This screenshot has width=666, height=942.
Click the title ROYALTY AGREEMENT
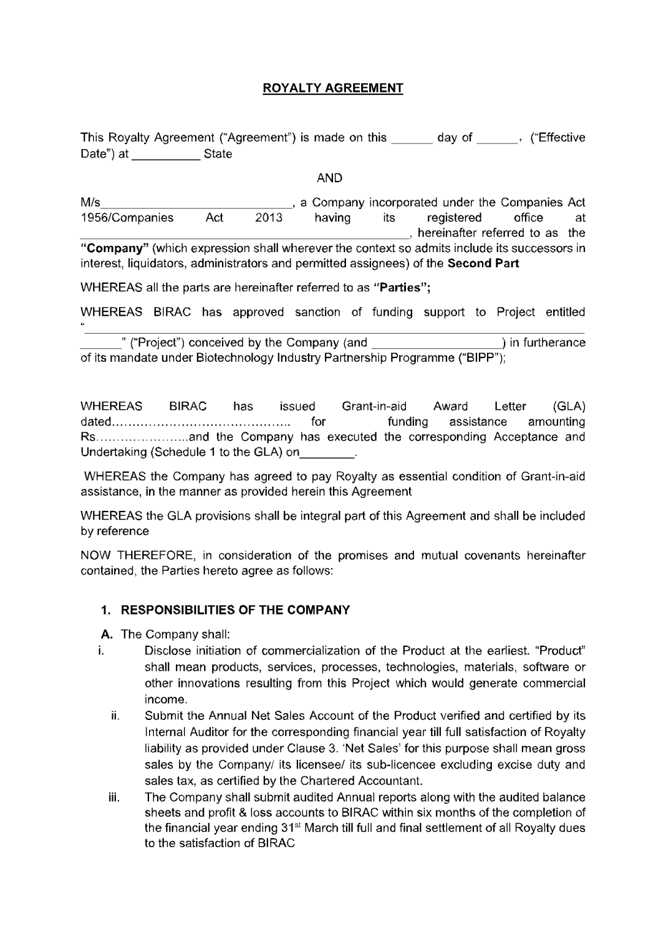[333, 88]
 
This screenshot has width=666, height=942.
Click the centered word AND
[329, 178]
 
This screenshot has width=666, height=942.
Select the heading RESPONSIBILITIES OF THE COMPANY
[235, 610]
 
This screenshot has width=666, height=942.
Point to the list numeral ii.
[115, 716]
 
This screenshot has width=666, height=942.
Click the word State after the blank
[218, 154]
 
